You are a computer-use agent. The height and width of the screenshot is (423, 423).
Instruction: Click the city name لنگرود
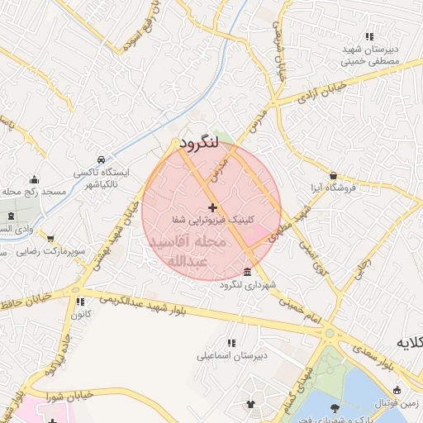coord(198,143)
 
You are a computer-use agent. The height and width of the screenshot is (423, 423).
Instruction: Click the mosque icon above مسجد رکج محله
coord(34,179)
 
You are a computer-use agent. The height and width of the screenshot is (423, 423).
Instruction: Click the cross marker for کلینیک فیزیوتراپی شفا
coord(212,207)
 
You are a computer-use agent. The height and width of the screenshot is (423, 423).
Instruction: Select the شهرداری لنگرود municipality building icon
coord(249,273)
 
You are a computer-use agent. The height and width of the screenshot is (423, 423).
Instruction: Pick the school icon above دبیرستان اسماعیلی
coord(231,343)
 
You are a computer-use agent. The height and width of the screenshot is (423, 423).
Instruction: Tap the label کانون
coord(80,315)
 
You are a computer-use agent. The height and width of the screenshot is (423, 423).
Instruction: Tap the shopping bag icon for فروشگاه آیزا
coord(333,175)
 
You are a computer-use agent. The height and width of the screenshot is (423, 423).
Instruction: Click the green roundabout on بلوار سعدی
coord(330,334)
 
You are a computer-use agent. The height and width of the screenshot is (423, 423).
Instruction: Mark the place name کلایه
coord(409,342)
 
